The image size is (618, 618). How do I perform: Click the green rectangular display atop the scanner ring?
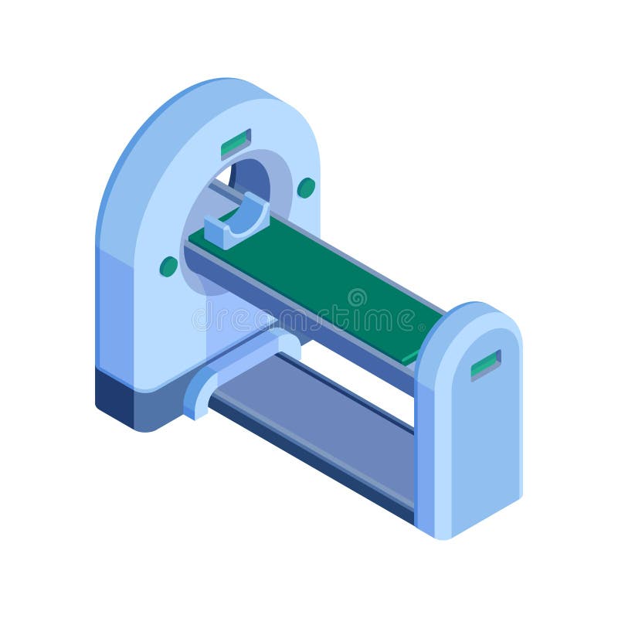tap(236, 144)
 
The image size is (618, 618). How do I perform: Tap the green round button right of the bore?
tap(306, 188)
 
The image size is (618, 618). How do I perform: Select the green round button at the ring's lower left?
tap(168, 267)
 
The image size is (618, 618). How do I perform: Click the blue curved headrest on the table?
tap(239, 221)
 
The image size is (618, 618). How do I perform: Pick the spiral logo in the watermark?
tap(357, 297)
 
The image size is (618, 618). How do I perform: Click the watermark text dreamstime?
tap(309, 317)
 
